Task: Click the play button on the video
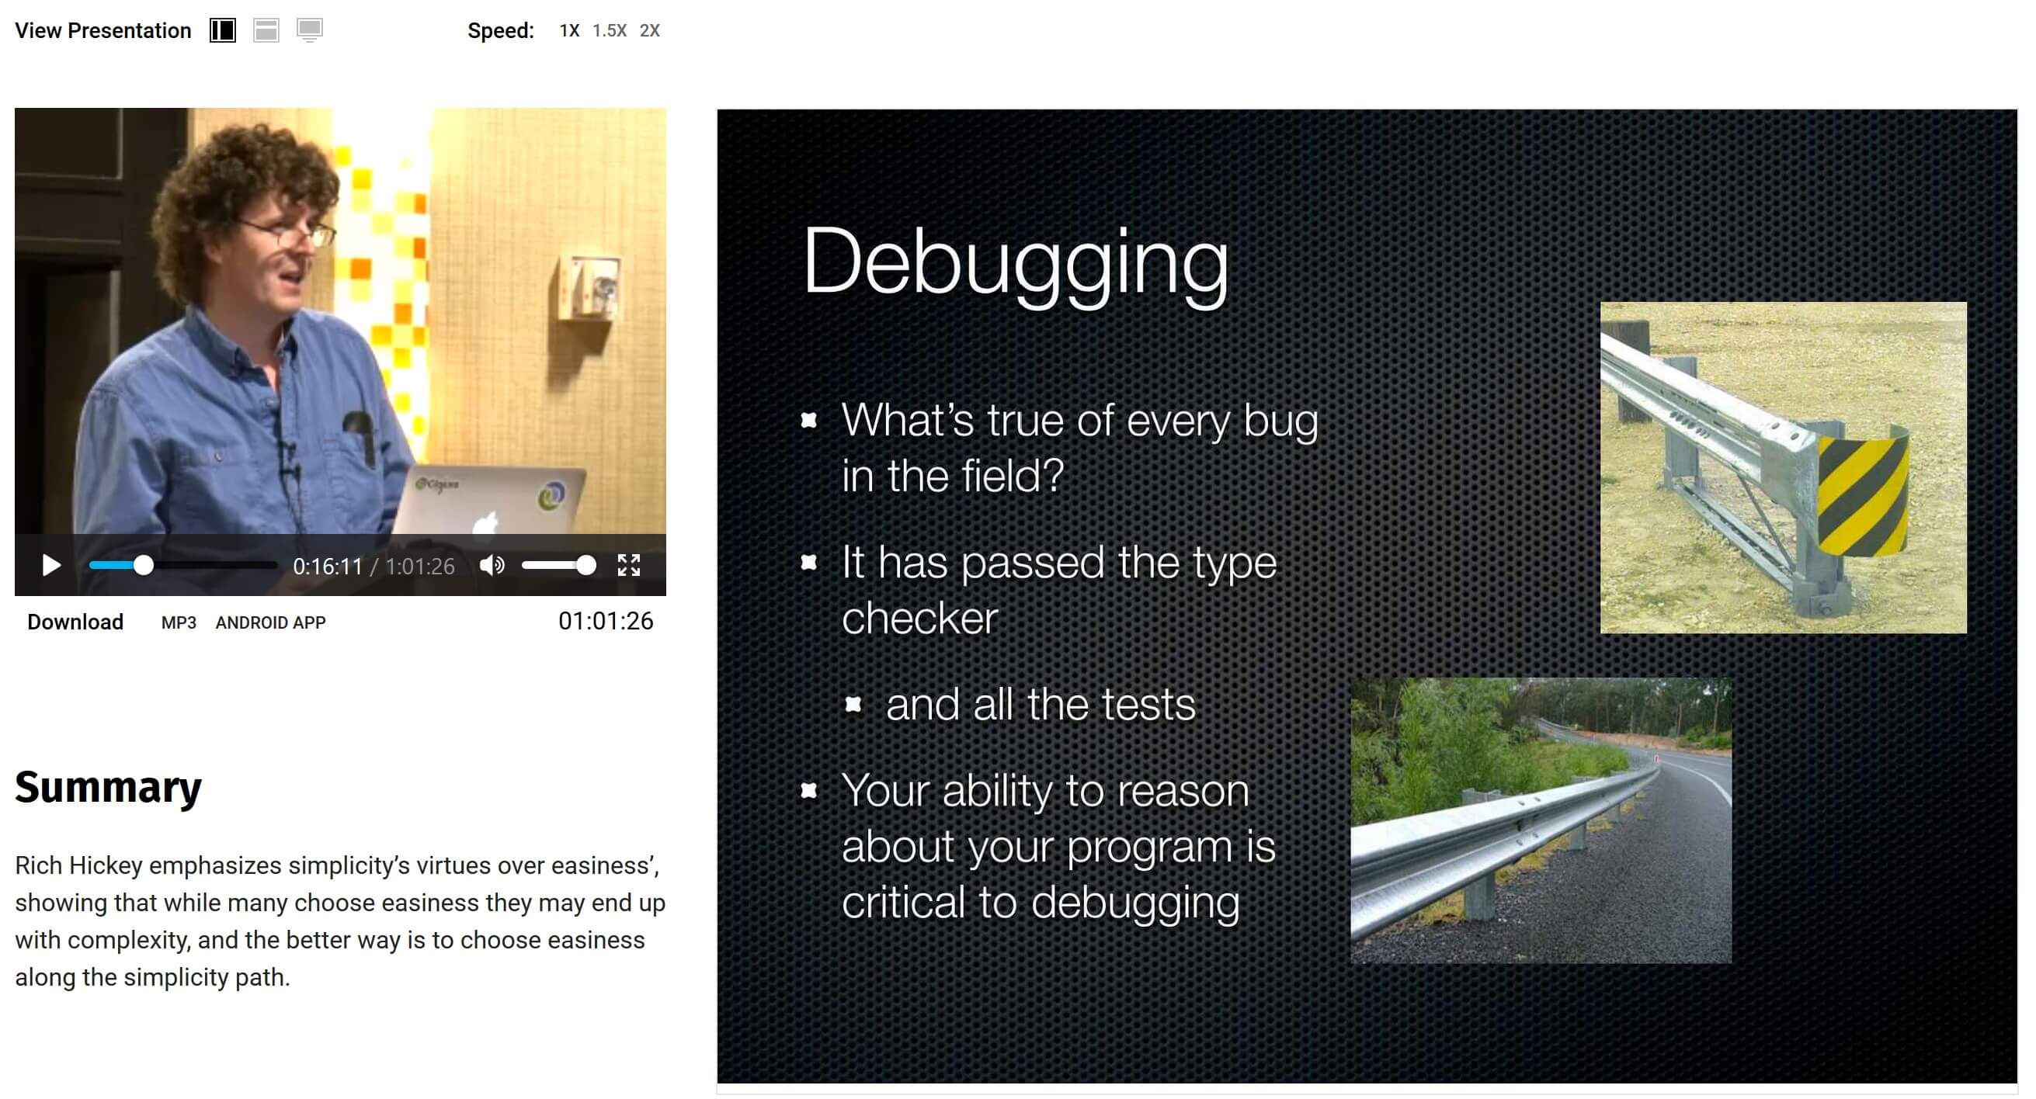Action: pyautogui.click(x=51, y=566)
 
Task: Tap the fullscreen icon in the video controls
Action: pyautogui.click(x=628, y=566)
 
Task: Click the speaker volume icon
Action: pyautogui.click(x=492, y=566)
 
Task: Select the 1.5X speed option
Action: pyautogui.click(x=610, y=31)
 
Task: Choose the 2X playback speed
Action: pyautogui.click(x=650, y=31)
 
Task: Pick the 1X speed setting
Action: pyautogui.click(x=569, y=31)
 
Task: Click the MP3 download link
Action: pyautogui.click(x=179, y=622)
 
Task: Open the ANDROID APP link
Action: pyautogui.click(x=270, y=622)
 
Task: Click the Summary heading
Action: pyautogui.click(x=108, y=788)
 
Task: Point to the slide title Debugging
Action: pyautogui.click(x=1016, y=262)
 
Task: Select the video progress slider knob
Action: pyautogui.click(x=143, y=566)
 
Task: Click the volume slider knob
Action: pyautogui.click(x=585, y=566)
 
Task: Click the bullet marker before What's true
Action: pyautogui.click(x=808, y=421)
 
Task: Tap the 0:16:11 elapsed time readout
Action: pyautogui.click(x=327, y=567)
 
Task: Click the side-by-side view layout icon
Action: pyautogui.click(x=223, y=31)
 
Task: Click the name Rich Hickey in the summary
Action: pyautogui.click(x=78, y=866)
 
